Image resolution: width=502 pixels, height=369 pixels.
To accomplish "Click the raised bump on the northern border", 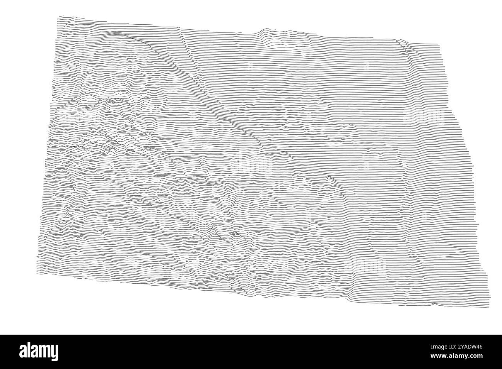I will (265, 30).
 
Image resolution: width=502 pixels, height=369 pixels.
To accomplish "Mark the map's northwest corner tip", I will (58, 16).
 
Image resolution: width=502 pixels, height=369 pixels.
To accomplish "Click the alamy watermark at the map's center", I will (251, 166).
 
